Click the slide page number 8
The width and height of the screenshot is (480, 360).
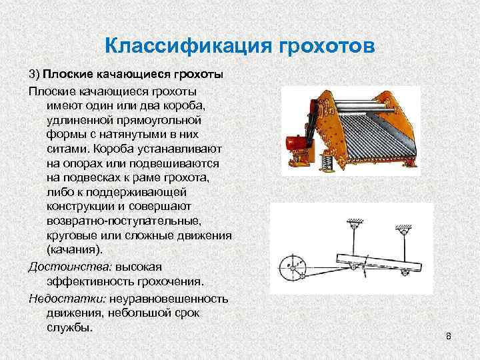449,337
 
